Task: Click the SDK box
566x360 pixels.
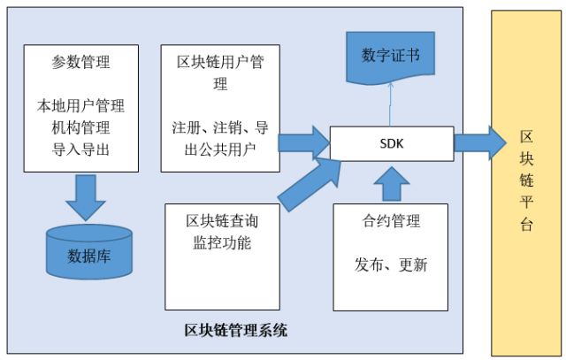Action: [392, 142]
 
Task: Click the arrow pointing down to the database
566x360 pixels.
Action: [89, 196]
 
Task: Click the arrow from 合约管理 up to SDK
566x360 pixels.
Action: [391, 183]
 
